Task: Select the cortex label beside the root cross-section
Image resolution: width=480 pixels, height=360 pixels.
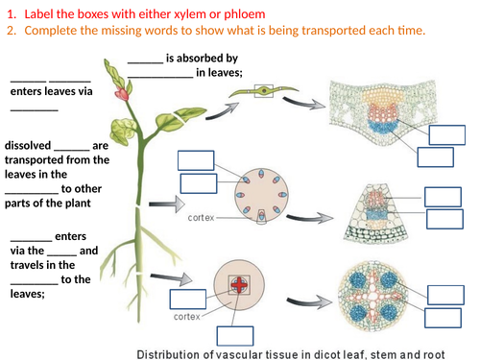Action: click(187, 315)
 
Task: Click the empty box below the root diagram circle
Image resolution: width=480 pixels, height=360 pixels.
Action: click(235, 335)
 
